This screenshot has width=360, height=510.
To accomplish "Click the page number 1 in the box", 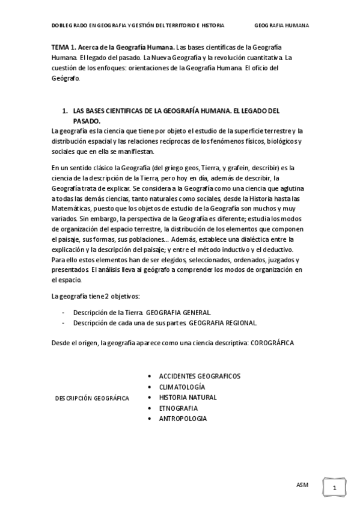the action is pos(334,488).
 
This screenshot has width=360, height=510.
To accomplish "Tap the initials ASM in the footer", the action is pos(302,484).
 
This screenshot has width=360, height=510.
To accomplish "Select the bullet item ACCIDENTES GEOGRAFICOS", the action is pos(200,376).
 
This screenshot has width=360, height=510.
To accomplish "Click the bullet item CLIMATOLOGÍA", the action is pos(182,387).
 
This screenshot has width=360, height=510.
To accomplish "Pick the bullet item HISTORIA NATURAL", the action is pos(188,398).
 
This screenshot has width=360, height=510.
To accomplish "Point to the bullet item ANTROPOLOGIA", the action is pos(183,419).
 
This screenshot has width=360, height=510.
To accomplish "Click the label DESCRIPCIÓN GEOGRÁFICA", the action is pos(92,398).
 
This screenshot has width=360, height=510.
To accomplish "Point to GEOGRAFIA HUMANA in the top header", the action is pos(282,26).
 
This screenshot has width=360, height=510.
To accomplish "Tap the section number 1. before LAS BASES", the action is pos(65,112).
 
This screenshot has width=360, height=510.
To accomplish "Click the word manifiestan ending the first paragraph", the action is pos(136,152).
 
